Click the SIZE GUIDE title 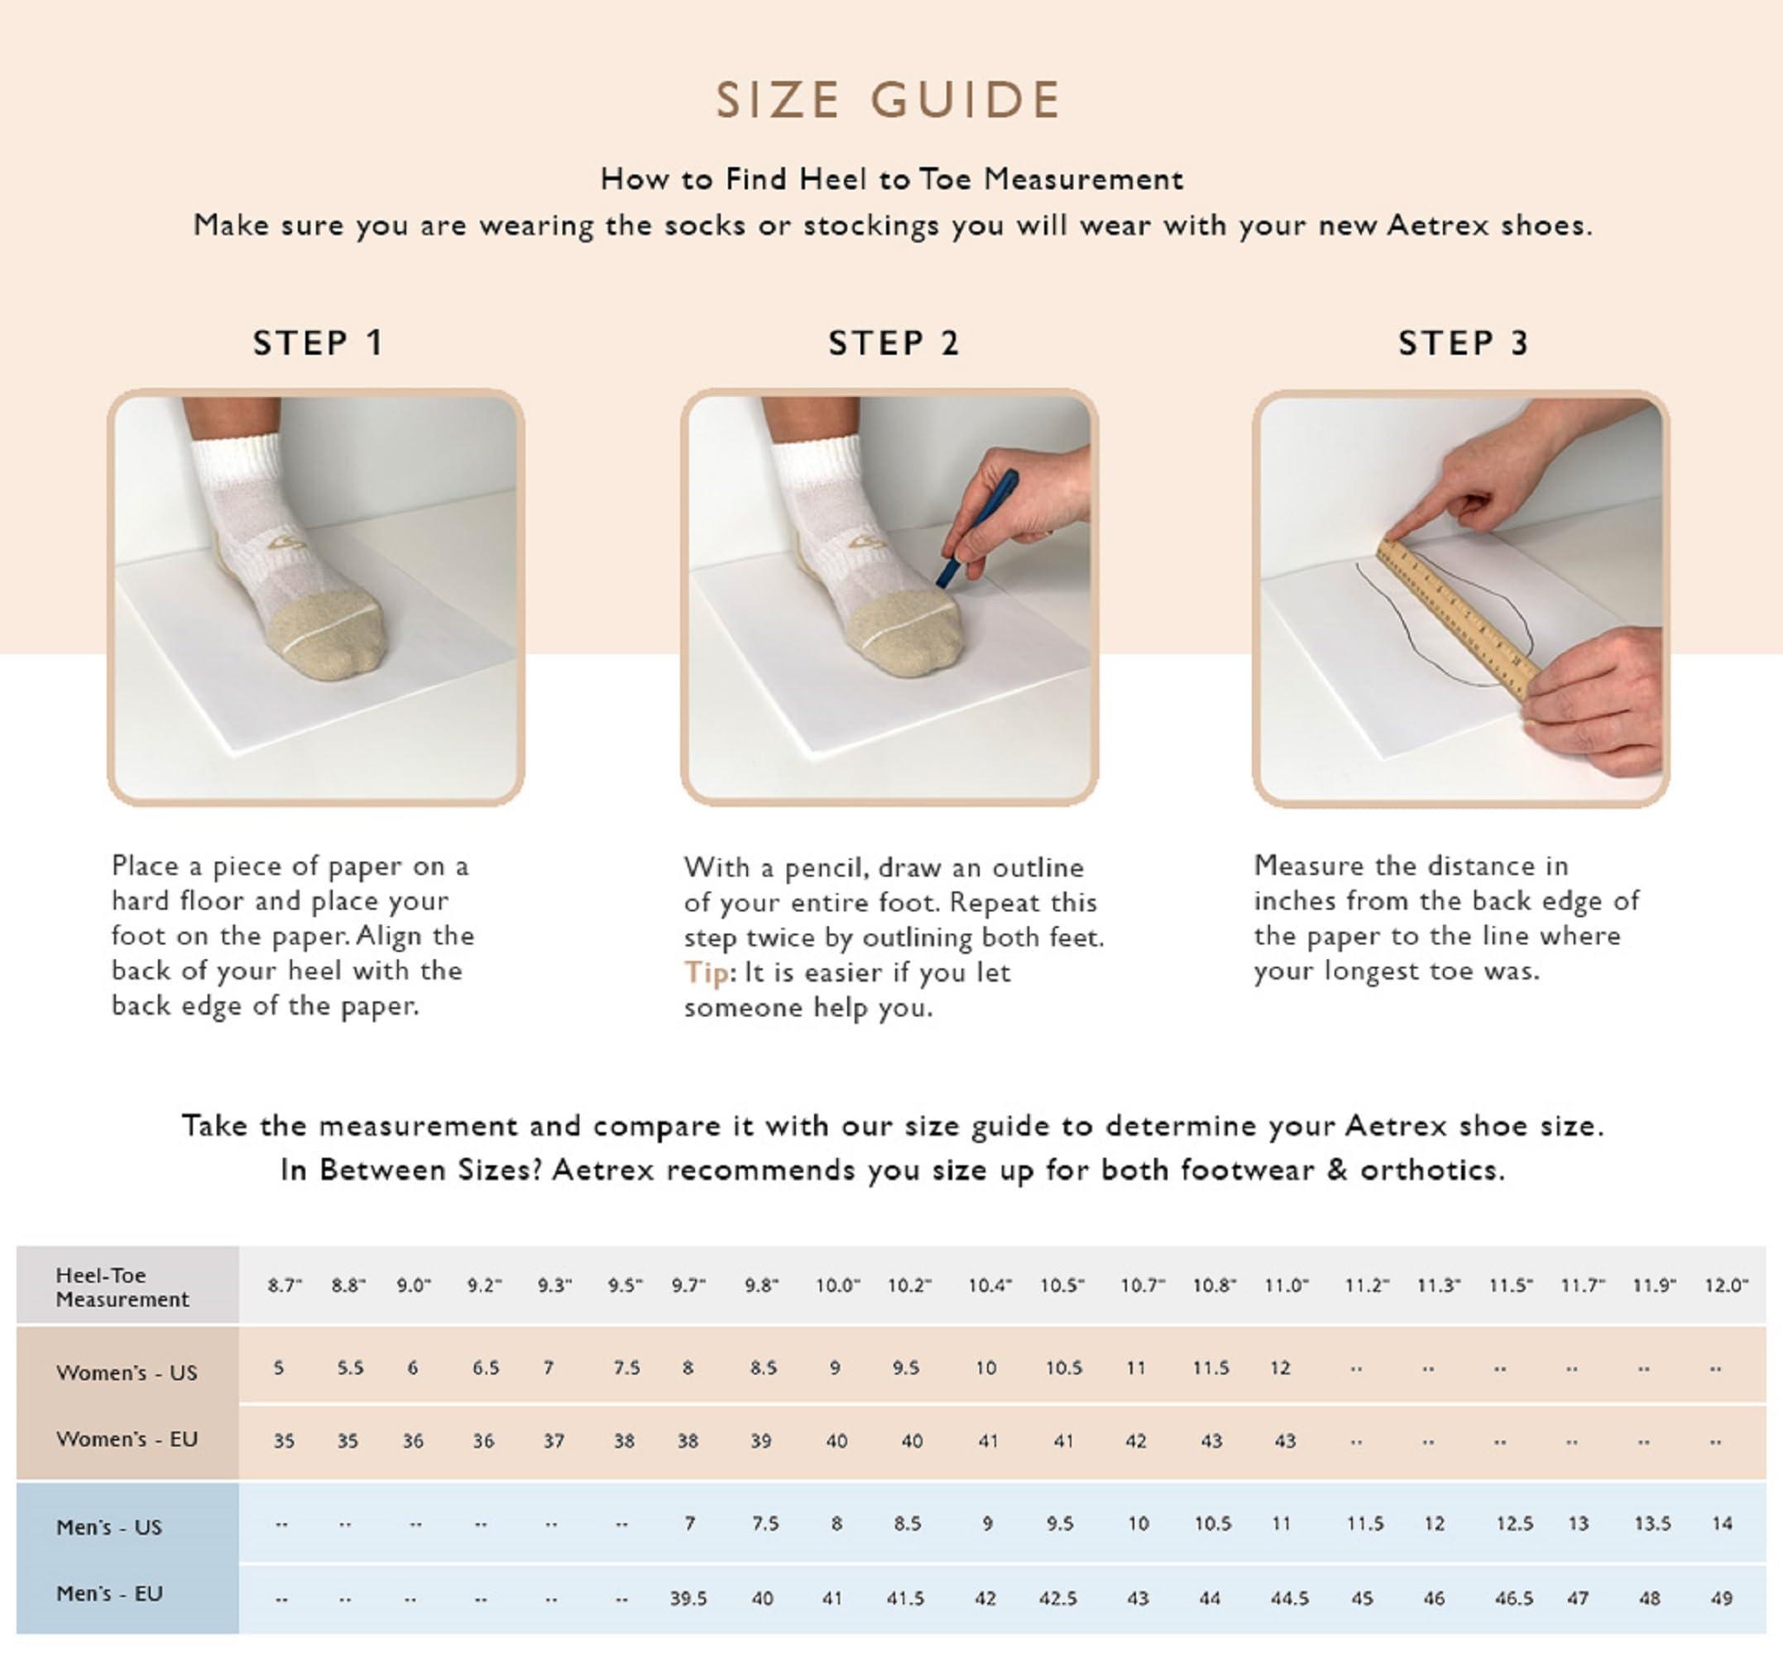tap(889, 99)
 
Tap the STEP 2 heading tap(893, 343)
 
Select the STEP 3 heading tap(1464, 343)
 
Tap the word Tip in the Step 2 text tap(706, 972)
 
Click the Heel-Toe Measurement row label tap(122, 1287)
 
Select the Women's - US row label tap(127, 1372)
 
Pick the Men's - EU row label tap(109, 1593)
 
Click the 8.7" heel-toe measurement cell tap(285, 1286)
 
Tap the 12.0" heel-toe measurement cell tap(1726, 1286)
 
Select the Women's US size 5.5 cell tap(350, 1369)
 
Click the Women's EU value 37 tap(554, 1441)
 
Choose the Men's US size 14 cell tap(1722, 1523)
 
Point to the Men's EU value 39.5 tap(688, 1598)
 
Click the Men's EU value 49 tap(1721, 1598)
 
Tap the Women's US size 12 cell tap(1280, 1369)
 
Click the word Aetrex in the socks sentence tap(1439, 225)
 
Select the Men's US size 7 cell tap(688, 1523)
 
